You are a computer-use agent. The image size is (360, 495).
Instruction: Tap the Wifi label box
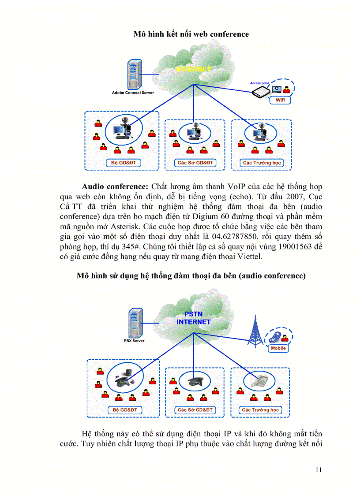click(x=280, y=100)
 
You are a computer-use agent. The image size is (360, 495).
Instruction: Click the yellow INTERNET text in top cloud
click(x=193, y=69)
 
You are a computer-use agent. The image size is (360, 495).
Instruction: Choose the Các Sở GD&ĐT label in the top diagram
click(x=195, y=163)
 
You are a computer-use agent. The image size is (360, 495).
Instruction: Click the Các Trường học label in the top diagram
click(x=262, y=163)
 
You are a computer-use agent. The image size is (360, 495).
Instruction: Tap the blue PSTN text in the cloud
click(x=193, y=314)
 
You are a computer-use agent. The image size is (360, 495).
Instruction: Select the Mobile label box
click(x=278, y=348)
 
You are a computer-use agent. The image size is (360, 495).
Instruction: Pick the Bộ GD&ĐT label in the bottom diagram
click(x=125, y=410)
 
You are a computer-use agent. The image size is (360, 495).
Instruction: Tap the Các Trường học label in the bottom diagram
click(x=260, y=410)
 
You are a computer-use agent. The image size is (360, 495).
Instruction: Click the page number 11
click(x=319, y=470)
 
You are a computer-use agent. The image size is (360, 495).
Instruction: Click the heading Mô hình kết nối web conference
click(x=191, y=34)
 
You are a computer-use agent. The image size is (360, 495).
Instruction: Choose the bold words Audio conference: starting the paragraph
click(x=115, y=186)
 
